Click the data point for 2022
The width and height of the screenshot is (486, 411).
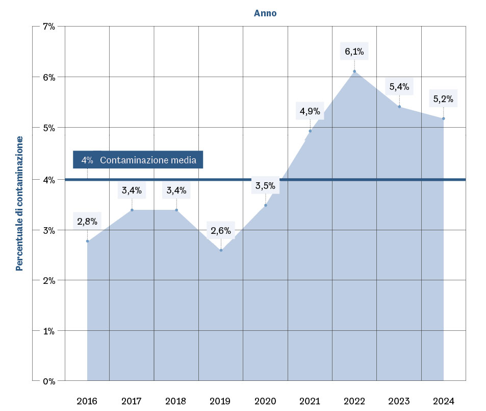pyautogui.click(x=354, y=71)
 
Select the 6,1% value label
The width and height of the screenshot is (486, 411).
pyautogui.click(x=354, y=52)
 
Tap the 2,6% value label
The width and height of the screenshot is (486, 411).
pyautogui.click(x=221, y=231)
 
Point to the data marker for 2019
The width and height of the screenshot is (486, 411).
pyautogui.click(x=221, y=250)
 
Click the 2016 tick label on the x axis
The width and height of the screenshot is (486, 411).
pyautogui.click(x=87, y=401)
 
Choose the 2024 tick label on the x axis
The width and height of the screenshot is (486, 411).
pyautogui.click(x=443, y=401)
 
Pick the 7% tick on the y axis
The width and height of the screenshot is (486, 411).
pyautogui.click(x=48, y=26)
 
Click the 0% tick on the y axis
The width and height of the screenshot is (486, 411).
pyautogui.click(x=48, y=381)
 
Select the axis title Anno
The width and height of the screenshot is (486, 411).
pyautogui.click(x=265, y=13)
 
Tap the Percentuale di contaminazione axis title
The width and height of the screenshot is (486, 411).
pyautogui.click(x=19, y=203)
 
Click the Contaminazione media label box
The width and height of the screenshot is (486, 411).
pyautogui.click(x=138, y=160)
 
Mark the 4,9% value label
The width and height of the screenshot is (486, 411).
pyautogui.click(x=310, y=111)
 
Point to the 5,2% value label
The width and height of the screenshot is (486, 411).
pyautogui.click(x=443, y=99)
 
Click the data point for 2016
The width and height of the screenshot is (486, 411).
pyautogui.click(x=87, y=241)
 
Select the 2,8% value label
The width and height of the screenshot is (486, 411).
pyautogui.click(x=87, y=222)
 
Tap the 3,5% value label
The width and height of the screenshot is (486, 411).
pyautogui.click(x=265, y=186)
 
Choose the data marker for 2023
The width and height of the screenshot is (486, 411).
pyautogui.click(x=399, y=107)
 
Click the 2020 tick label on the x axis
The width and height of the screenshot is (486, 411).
pyautogui.click(x=265, y=401)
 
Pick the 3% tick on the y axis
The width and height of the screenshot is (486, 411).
pyautogui.click(x=48, y=230)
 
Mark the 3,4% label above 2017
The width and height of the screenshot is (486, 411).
pyautogui.click(x=132, y=191)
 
